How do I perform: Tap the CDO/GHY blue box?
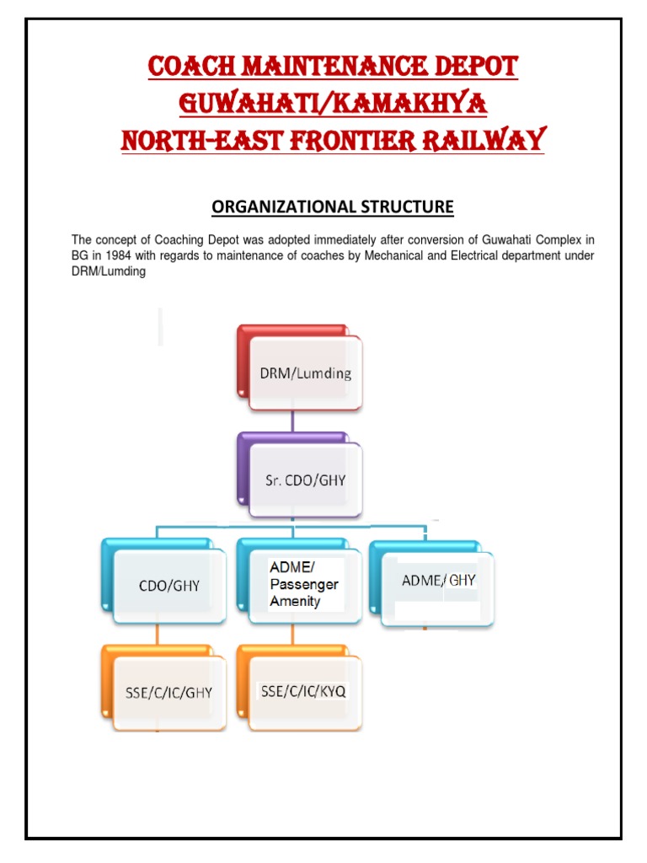[169, 585]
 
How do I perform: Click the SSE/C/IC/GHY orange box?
[169, 692]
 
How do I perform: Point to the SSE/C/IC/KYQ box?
[304, 691]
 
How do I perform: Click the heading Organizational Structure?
[332, 206]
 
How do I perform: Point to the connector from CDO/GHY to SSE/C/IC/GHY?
[156, 635]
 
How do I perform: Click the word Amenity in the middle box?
[295, 601]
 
